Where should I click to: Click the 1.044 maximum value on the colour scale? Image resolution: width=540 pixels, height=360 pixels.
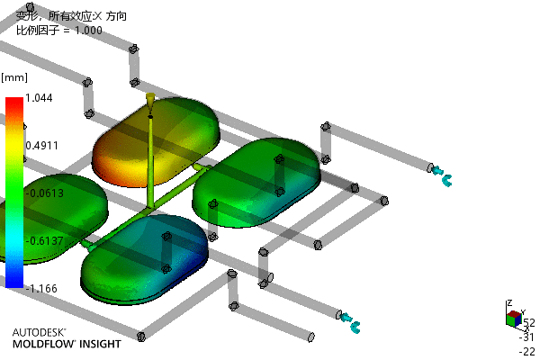[39, 98]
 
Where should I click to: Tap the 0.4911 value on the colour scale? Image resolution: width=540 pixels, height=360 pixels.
[42, 146]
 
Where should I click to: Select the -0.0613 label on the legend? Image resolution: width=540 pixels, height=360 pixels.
[45, 193]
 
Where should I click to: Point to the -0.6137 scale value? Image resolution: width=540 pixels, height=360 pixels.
[45, 241]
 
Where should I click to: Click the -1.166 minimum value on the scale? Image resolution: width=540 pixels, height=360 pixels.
[41, 288]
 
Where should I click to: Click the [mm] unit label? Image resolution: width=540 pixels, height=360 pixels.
[14, 77]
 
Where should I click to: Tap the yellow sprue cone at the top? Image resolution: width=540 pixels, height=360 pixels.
[150, 99]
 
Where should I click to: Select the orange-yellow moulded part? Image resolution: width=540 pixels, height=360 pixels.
[156, 142]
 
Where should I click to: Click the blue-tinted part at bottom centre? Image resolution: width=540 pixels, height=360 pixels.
[144, 259]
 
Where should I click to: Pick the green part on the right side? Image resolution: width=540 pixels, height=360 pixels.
[256, 183]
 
